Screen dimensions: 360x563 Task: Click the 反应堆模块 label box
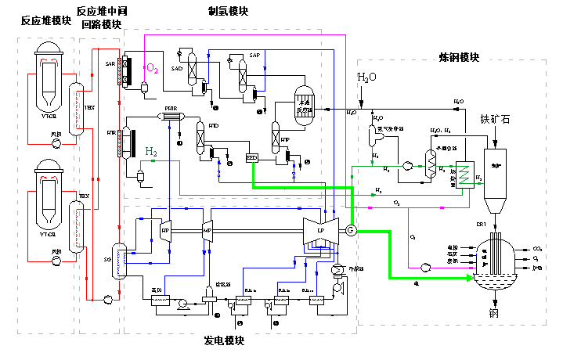click(46, 21)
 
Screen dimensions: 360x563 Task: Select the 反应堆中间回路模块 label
click(103, 18)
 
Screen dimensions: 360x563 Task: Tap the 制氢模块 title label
click(228, 13)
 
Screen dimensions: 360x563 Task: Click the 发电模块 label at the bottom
click(225, 341)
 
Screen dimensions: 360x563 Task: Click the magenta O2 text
click(152, 69)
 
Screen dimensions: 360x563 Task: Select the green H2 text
click(150, 151)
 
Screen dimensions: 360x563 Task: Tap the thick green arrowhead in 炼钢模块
click(470, 278)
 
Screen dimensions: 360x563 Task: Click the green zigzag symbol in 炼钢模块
click(464, 175)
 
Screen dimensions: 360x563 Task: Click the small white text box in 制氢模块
click(305, 106)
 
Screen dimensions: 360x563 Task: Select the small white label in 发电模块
click(156, 291)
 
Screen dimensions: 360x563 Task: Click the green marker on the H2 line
click(153, 161)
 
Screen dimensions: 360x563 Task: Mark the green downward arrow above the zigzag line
click(373, 162)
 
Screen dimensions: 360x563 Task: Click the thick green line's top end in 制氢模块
click(253, 164)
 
